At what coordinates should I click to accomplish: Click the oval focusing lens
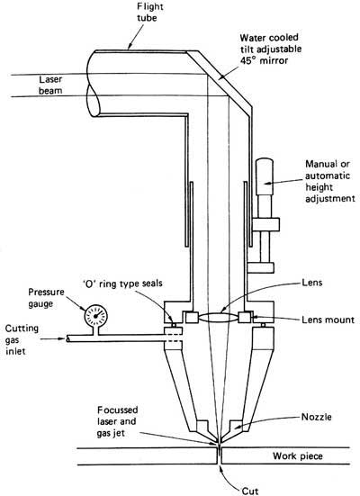215,319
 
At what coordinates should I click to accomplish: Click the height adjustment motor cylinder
265,185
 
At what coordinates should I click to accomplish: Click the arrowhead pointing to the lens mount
260,319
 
